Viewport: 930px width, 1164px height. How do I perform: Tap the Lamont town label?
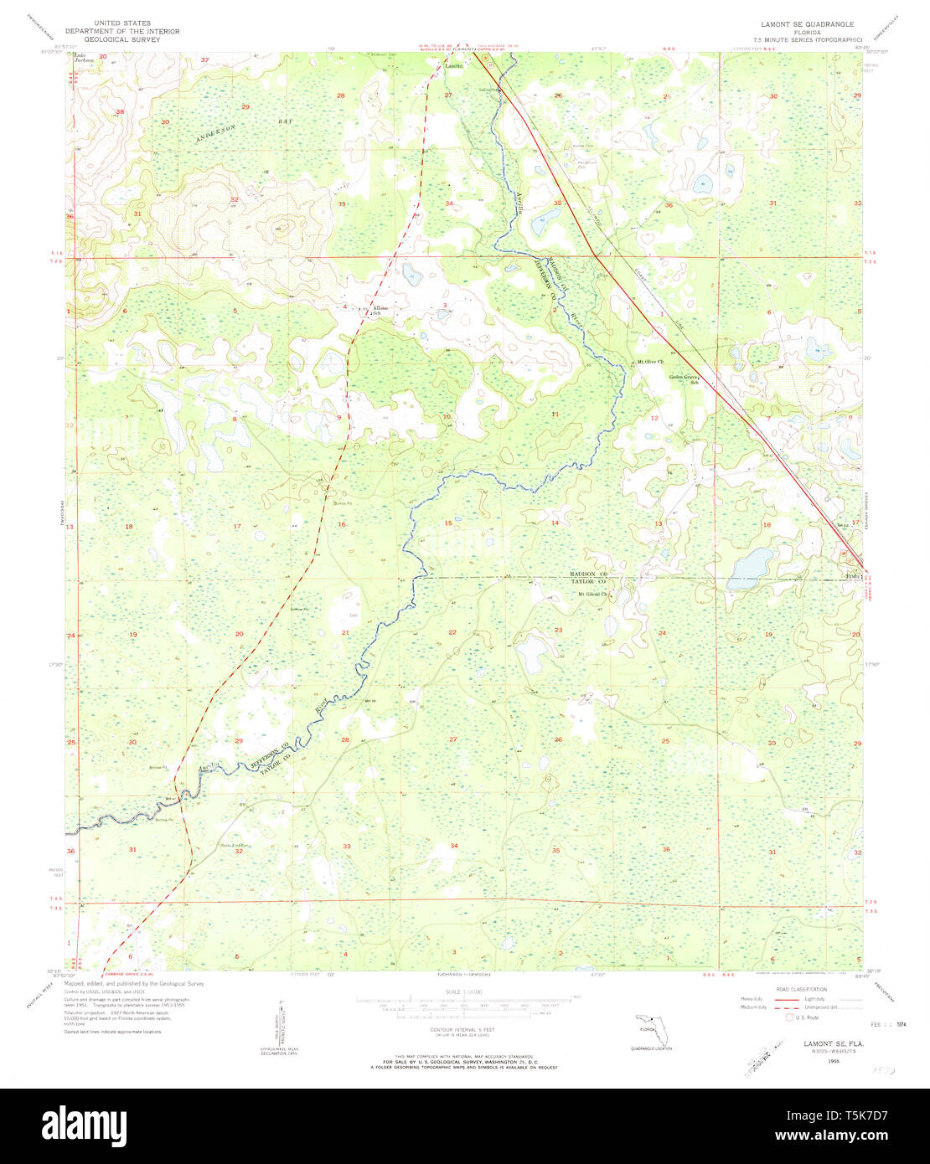(x=453, y=65)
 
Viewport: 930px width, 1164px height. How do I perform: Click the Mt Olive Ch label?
(x=649, y=362)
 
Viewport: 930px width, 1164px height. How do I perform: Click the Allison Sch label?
(x=380, y=309)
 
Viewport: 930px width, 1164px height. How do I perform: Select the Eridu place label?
(x=853, y=576)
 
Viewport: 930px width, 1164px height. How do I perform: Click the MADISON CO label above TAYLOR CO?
(x=588, y=574)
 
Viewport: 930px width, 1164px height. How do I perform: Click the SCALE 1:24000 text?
(x=464, y=992)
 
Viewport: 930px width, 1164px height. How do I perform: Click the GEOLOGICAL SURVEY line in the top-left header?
(x=136, y=39)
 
